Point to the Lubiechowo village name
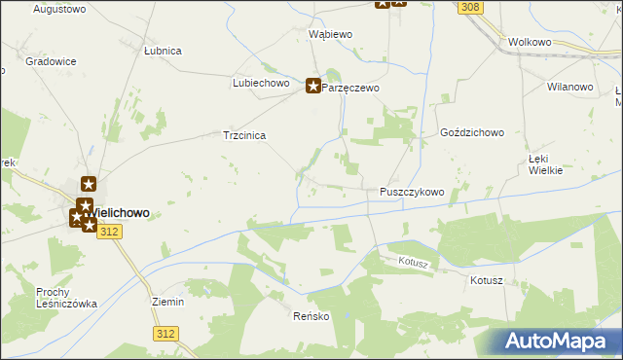[262, 84]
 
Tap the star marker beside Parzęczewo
[313, 86]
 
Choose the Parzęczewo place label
[350, 88]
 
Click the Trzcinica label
[245, 136]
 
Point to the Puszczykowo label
[411, 193]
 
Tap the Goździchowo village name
[471, 132]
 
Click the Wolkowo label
[530, 43]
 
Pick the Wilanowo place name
[570, 87]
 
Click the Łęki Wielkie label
[546, 163]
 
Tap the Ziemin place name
[168, 302]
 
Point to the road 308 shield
[471, 8]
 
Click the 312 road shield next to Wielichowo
[110, 231]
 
